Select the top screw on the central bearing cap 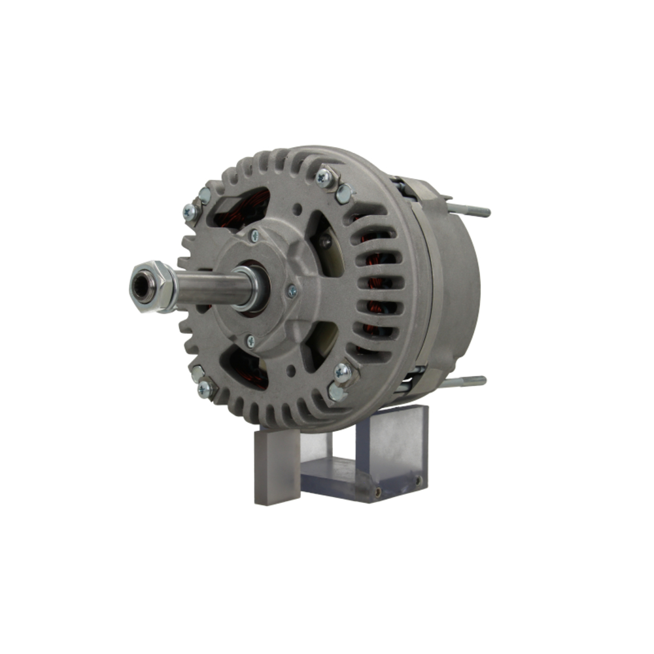coord(254,236)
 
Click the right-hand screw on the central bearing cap coord(292,292)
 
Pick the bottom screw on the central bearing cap coord(250,341)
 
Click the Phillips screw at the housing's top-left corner coord(189,211)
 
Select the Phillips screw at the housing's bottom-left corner coord(204,388)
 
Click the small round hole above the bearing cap coord(298,209)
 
